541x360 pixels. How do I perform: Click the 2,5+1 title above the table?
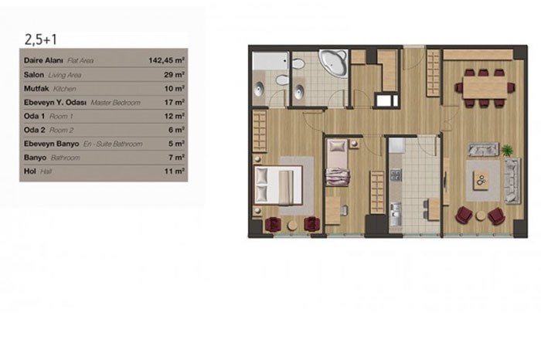pos(41,39)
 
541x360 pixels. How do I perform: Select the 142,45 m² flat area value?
pos(167,60)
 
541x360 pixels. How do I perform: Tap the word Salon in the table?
pos(34,75)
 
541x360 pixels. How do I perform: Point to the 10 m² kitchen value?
pos(174,89)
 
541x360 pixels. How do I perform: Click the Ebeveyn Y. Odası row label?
pos(55,103)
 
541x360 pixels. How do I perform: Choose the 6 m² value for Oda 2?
pos(176,130)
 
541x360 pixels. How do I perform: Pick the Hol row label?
pos(30,171)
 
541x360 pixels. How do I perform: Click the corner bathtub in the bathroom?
pos(333,63)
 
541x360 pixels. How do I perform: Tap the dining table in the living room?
pos(485,87)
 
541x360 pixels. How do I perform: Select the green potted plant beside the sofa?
pos(507,151)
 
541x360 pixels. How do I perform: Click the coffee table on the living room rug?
pos(481,180)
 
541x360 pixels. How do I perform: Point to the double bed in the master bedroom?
pos(278,185)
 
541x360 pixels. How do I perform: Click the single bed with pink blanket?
pos(338,162)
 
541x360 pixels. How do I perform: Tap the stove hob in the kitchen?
pos(396,175)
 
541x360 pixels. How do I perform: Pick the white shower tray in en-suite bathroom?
pos(270,61)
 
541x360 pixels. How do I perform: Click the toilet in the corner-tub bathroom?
pos(298,64)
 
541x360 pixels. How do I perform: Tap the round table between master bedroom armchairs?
pos(292,226)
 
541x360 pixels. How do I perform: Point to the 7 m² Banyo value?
pos(176,158)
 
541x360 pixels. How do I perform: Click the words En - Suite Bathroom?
pos(113,144)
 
